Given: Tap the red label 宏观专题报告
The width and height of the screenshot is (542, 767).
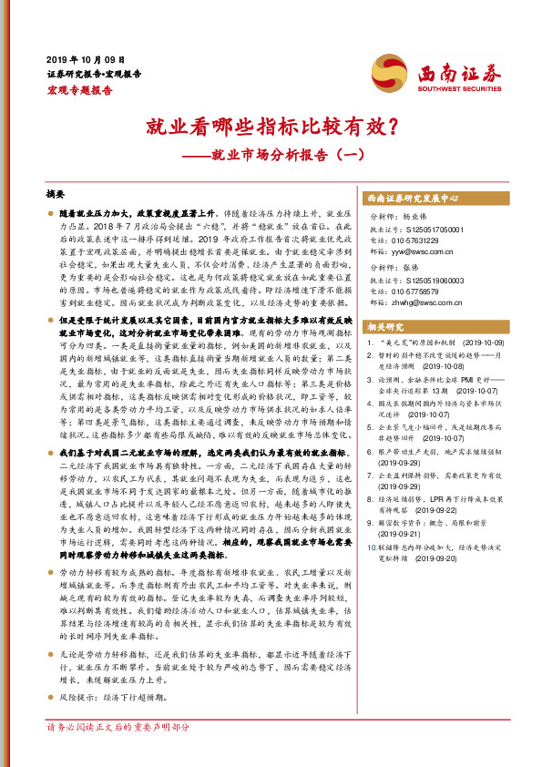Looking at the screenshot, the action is [79, 90].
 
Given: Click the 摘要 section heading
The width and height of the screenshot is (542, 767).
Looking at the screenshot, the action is [56, 195].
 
